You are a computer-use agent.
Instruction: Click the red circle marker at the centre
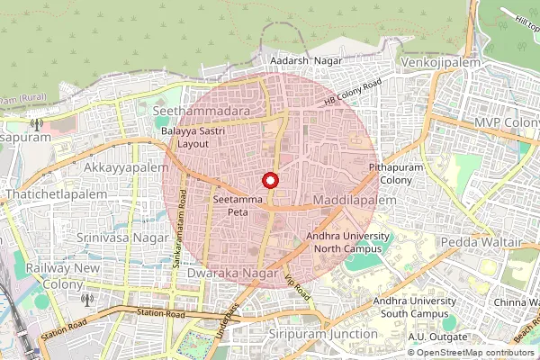coord(269,180)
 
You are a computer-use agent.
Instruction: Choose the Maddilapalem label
coord(354,198)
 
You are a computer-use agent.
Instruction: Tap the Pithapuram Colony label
coord(390,174)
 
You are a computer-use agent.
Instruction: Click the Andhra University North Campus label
coord(347,241)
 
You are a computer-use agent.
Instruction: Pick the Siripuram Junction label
coord(323,334)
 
